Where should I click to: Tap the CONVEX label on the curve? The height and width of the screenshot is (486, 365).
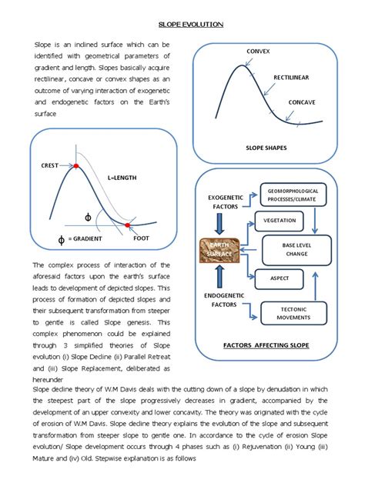(x=259, y=51)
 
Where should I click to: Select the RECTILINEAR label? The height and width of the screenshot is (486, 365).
(x=294, y=78)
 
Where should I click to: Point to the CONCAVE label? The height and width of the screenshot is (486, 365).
(x=302, y=102)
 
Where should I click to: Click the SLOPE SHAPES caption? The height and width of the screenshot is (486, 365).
(x=266, y=145)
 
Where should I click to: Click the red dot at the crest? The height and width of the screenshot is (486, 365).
(x=75, y=166)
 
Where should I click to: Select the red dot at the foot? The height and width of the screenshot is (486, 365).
(x=127, y=224)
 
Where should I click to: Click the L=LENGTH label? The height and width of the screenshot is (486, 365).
(x=121, y=178)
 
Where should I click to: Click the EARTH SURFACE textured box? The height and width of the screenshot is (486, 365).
(x=221, y=251)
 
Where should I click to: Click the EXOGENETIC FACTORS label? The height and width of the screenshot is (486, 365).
(x=225, y=202)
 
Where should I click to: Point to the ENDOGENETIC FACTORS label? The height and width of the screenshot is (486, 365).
(x=225, y=299)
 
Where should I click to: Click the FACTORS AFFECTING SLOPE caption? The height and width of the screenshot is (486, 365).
(x=266, y=345)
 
